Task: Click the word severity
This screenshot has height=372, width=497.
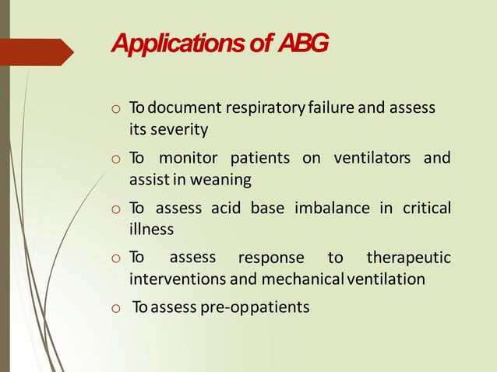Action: (180, 128)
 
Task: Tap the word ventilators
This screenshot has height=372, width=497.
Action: (372, 159)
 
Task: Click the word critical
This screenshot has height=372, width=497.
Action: (426, 209)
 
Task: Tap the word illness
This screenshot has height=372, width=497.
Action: (151, 230)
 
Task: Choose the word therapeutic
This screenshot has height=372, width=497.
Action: (408, 258)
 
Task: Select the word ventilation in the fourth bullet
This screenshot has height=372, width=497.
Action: (386, 279)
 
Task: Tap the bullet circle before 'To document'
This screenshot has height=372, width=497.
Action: (115, 109)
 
